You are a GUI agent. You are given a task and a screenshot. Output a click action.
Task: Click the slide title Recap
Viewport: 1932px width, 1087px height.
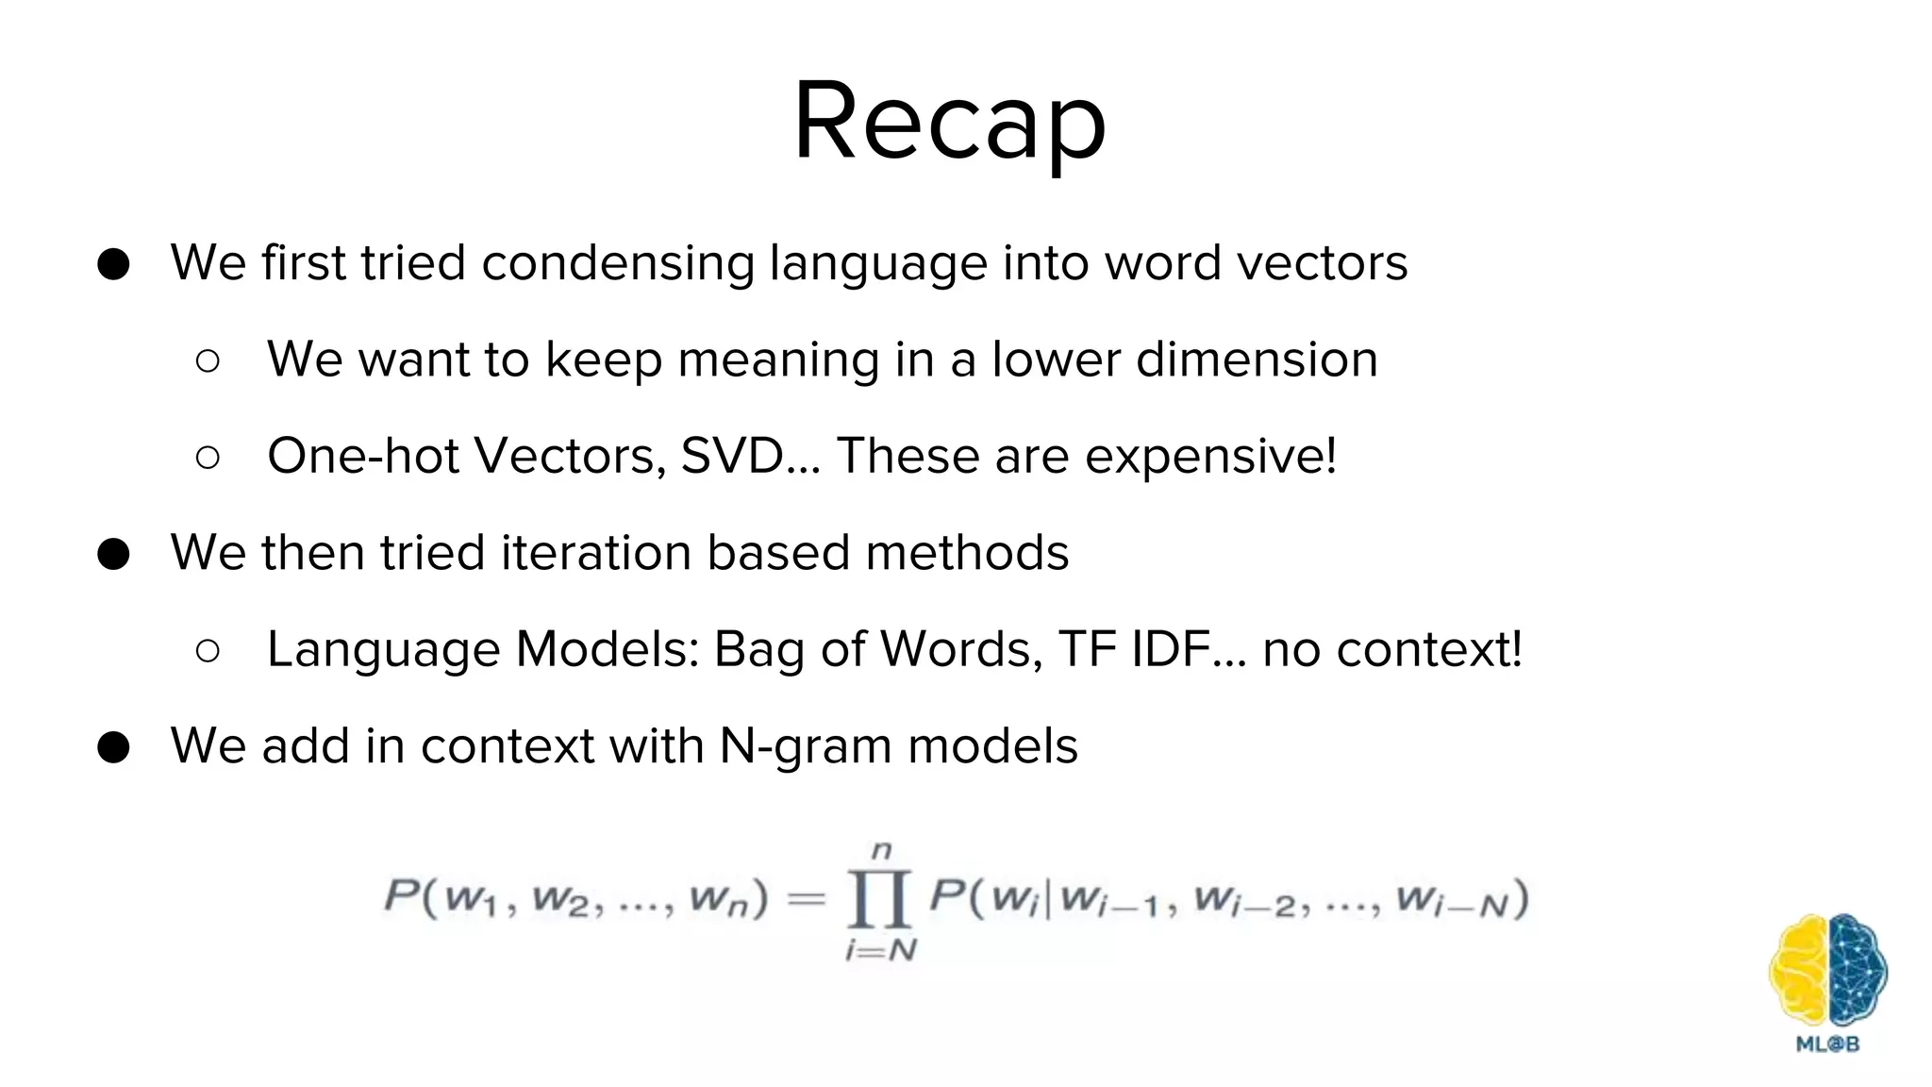(x=949, y=123)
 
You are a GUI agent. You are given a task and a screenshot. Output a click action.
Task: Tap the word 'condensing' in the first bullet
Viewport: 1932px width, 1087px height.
(x=617, y=263)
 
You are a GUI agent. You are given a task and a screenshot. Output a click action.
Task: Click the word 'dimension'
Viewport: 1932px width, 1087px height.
(x=1257, y=360)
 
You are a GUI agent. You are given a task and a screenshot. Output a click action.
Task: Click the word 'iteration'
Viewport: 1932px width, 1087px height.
(x=596, y=553)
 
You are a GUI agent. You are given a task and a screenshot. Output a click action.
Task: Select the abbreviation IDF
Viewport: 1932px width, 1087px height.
(x=1180, y=649)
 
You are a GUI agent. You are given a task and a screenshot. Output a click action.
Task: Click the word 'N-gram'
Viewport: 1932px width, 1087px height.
(x=805, y=747)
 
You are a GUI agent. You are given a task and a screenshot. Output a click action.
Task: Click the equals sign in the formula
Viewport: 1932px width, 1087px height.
(x=806, y=899)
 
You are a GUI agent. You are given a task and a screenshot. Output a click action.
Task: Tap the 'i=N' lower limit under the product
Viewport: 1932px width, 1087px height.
(x=880, y=950)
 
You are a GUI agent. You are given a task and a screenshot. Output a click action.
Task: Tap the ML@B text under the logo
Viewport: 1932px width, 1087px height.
(x=1827, y=1045)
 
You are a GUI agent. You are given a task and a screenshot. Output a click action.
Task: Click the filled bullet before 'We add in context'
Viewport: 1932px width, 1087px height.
(x=113, y=747)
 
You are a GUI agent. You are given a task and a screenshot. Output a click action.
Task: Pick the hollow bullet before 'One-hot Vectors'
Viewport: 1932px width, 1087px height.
(x=208, y=458)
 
